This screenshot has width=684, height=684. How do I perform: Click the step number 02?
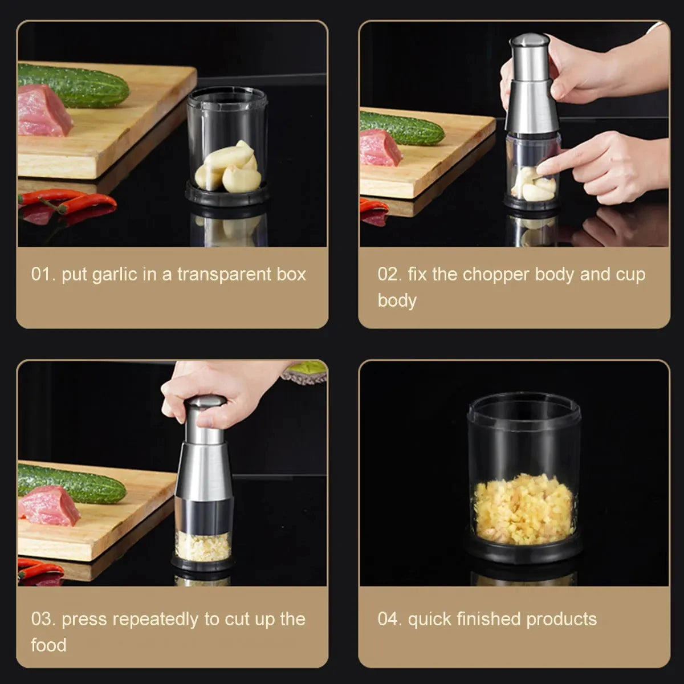[389, 275]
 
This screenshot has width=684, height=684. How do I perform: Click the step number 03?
[43, 619]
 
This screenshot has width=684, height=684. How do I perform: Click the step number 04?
[389, 619]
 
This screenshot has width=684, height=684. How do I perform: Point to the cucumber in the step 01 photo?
[74, 85]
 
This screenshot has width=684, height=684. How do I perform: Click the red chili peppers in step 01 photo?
[68, 201]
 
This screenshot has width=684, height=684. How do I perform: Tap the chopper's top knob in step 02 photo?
[530, 41]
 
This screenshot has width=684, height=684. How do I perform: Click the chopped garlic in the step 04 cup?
[523, 508]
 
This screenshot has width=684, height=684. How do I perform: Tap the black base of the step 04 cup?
[523, 551]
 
